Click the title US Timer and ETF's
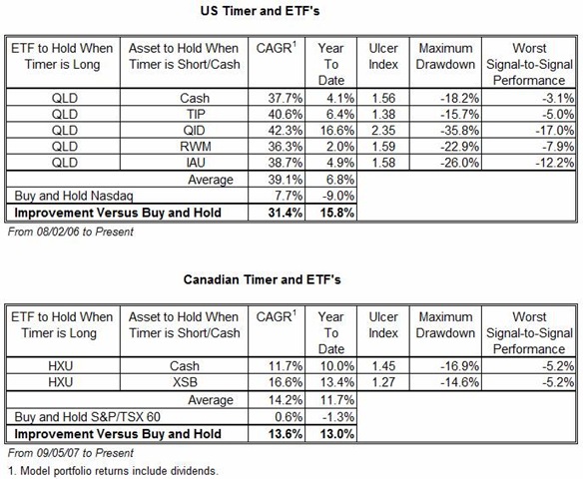(x=260, y=11)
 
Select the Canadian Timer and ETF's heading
(x=262, y=279)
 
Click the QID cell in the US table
(x=194, y=131)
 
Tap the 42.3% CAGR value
(x=286, y=131)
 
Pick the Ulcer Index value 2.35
(x=383, y=131)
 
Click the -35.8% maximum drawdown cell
(x=459, y=131)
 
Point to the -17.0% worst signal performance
(x=554, y=131)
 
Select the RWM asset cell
(x=196, y=147)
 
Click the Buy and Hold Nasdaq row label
(x=74, y=196)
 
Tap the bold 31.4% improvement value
(x=286, y=213)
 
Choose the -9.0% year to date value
(x=337, y=196)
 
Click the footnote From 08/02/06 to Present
(x=70, y=232)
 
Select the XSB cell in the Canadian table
(x=185, y=382)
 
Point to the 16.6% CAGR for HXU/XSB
(x=286, y=382)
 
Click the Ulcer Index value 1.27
(x=383, y=382)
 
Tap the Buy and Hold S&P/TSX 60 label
(x=87, y=417)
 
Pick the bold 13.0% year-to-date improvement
(x=337, y=434)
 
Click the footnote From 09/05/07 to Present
(x=70, y=453)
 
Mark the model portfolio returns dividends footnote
(x=113, y=471)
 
